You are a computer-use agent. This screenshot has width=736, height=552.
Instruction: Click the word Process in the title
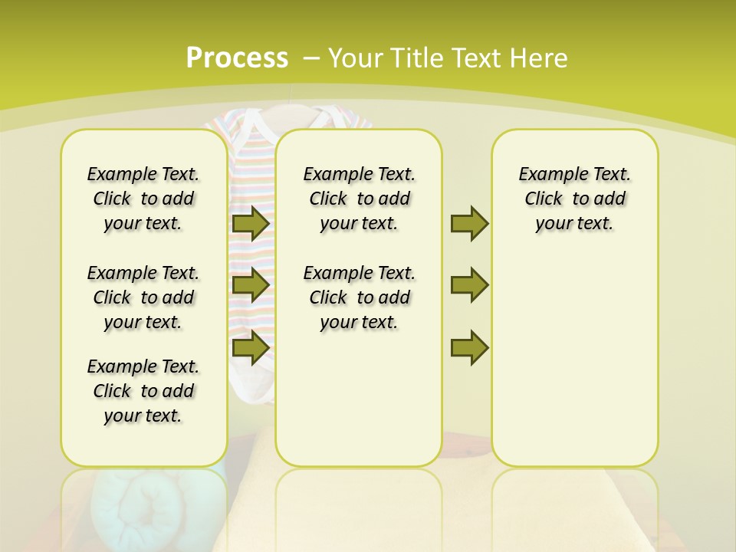tap(237, 58)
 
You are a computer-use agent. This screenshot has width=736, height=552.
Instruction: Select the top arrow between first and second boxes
tap(251, 223)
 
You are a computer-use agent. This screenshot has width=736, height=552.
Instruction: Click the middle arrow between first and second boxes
tap(251, 285)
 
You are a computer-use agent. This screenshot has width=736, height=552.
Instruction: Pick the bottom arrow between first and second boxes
tap(251, 347)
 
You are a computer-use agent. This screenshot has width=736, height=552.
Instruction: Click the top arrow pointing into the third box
tap(469, 223)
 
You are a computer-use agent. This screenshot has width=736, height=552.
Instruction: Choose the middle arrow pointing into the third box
tap(469, 285)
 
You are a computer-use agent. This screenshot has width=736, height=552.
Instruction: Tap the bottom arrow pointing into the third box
tap(469, 347)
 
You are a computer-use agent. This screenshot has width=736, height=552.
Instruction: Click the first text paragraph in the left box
tap(143, 199)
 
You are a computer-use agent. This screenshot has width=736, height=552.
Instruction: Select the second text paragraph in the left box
tap(143, 297)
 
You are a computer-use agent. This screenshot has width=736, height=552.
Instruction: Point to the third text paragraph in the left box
tap(143, 391)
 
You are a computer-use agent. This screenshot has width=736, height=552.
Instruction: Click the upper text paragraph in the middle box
tap(359, 199)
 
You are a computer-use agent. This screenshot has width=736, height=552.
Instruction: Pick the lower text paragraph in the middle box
tap(359, 297)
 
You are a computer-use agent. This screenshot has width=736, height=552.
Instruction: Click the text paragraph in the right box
tap(575, 199)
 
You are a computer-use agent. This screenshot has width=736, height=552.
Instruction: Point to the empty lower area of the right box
tap(575, 368)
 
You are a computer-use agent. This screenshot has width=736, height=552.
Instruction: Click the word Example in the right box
tap(547, 175)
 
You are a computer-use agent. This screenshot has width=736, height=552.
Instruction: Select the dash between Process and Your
tap(311, 58)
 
